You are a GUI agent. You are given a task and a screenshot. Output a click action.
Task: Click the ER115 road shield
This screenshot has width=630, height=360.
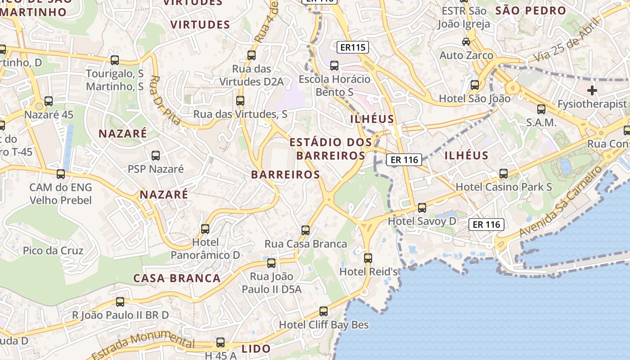click(x=353, y=47)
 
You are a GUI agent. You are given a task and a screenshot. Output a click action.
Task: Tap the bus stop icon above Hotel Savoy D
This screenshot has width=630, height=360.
click(x=422, y=207)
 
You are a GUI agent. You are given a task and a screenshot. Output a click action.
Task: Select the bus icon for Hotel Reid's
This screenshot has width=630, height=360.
click(x=368, y=258)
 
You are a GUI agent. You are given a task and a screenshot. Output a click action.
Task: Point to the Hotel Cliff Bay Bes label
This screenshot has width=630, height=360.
click(x=324, y=324)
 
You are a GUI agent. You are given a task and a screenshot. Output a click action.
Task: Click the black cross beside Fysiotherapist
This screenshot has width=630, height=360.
click(x=592, y=90)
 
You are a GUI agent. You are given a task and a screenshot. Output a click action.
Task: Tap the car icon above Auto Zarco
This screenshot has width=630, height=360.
click(x=466, y=42)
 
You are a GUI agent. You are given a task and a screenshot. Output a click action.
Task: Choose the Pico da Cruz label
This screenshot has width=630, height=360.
click(x=53, y=250)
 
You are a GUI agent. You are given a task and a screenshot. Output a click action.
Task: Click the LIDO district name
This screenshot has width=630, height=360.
click(x=256, y=348)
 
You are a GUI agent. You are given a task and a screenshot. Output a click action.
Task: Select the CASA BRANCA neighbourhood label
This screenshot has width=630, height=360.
click(x=177, y=278)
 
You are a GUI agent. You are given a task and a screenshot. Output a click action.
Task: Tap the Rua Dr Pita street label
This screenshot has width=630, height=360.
click(x=164, y=100)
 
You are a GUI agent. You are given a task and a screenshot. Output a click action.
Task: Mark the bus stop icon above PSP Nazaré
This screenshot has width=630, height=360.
click(x=156, y=156)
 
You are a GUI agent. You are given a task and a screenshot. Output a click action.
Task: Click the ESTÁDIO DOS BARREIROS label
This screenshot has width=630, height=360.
click(x=331, y=149)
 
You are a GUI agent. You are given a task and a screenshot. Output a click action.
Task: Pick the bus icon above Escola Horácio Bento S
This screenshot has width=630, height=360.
click(x=334, y=66)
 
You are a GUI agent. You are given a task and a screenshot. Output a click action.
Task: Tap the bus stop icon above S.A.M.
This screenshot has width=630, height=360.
click(x=541, y=109)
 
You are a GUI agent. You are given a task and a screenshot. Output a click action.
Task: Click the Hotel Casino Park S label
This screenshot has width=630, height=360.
click(x=504, y=186)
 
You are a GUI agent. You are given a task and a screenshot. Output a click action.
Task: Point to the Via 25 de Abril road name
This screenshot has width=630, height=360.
click(x=566, y=40)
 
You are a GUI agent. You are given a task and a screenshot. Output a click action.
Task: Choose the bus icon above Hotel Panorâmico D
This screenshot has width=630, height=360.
click(x=205, y=229)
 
